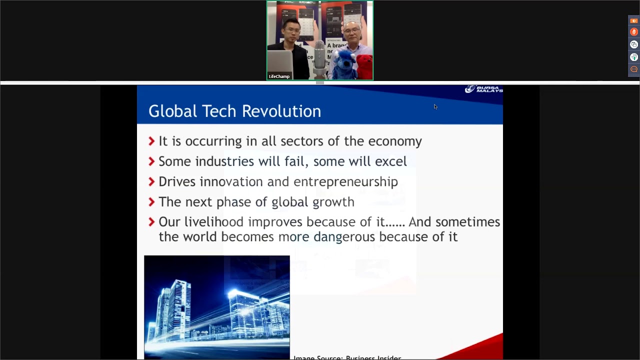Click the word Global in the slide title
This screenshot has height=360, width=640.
pos(173,111)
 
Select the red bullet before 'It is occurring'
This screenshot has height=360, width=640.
pos(152,141)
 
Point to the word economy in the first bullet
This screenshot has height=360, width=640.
pos(395,141)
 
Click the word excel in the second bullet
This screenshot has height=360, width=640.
pos(390,161)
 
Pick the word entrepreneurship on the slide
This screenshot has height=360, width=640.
pos(345,181)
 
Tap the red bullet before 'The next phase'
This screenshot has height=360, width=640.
pos(152,202)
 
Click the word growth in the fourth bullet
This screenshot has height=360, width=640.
pos(333,202)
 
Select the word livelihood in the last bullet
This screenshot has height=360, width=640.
pos(213,222)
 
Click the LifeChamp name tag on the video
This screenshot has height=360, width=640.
pos(279,76)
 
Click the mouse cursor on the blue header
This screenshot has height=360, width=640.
pos(435,106)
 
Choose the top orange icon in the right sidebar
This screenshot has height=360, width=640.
pos(634,20)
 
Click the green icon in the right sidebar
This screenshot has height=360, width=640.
pos(634,57)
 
